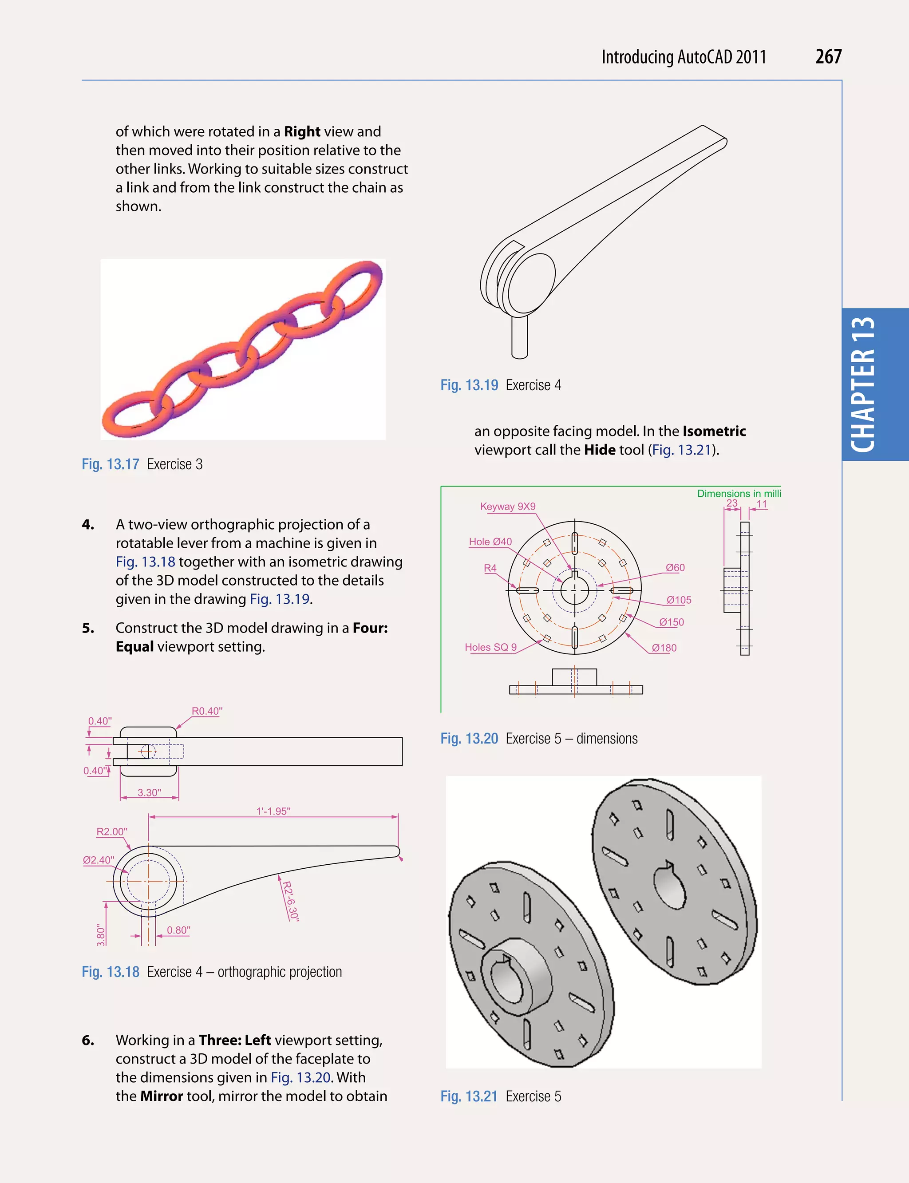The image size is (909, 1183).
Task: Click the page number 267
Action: pyautogui.click(x=828, y=57)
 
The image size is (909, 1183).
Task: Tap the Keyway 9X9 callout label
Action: pyautogui.click(x=507, y=506)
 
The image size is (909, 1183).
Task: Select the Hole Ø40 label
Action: pyautogui.click(x=490, y=542)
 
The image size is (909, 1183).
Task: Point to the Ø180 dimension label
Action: pyautogui.click(x=664, y=648)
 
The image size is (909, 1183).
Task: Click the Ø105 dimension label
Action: pyautogui.click(x=679, y=600)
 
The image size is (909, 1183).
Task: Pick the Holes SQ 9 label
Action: pyautogui.click(x=490, y=647)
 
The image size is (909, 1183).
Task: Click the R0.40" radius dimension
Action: pyautogui.click(x=207, y=711)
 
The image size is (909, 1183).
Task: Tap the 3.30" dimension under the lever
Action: pyautogui.click(x=149, y=793)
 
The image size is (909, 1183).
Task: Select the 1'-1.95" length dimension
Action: pyautogui.click(x=273, y=811)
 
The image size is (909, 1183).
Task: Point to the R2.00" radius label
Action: pyautogui.click(x=111, y=832)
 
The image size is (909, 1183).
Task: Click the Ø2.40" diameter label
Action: pyautogui.click(x=98, y=860)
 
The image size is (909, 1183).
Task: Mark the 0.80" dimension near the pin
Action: pyautogui.click(x=178, y=930)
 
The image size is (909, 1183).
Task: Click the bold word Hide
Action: pyautogui.click(x=600, y=450)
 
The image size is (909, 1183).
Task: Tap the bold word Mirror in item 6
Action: pyautogui.click(x=161, y=1096)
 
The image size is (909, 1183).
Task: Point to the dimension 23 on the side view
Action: pyautogui.click(x=731, y=503)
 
